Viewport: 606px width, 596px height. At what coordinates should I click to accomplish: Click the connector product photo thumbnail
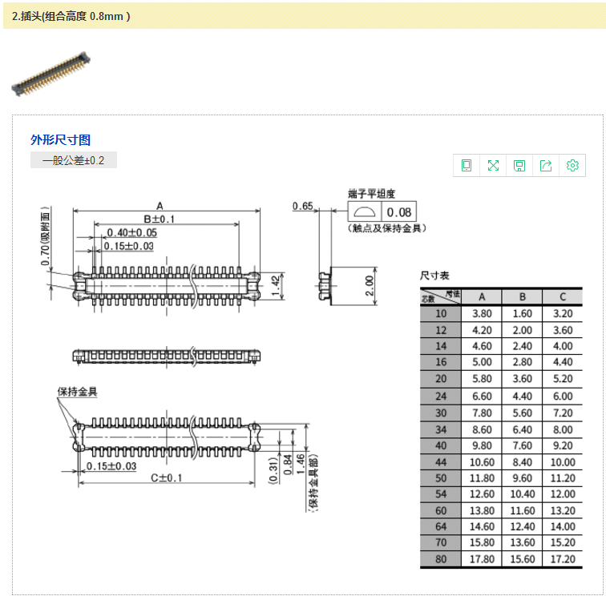tap(50, 74)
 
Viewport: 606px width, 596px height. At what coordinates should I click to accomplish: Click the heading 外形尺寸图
tap(61, 140)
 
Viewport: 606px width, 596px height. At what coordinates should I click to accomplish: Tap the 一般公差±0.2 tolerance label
tap(74, 161)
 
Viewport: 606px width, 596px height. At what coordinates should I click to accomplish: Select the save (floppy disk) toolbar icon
tap(519, 166)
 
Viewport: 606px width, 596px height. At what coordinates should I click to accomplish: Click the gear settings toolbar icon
tap(572, 166)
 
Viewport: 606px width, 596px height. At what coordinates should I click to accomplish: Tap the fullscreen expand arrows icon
tap(493, 166)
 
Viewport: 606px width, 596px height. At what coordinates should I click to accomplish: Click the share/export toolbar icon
tap(546, 166)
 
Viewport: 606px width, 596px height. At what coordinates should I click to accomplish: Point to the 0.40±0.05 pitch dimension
tap(132, 232)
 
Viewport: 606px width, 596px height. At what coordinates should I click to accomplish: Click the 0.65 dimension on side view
tap(303, 206)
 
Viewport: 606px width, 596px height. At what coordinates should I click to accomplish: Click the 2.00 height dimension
tap(370, 285)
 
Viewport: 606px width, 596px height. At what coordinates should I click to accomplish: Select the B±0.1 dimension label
tap(159, 219)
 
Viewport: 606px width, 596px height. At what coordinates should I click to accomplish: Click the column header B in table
tap(522, 296)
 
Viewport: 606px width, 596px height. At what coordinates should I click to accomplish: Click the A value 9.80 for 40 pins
tap(482, 445)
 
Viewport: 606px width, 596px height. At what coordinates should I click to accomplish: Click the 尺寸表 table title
tap(435, 276)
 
